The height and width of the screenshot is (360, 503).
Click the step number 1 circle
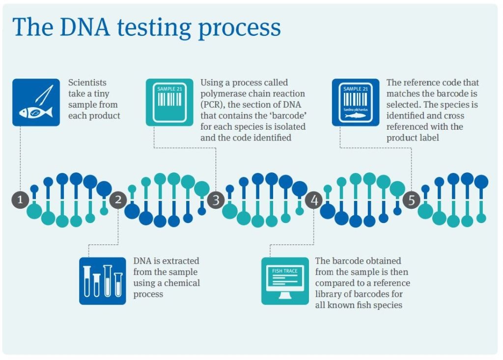pos(20,200)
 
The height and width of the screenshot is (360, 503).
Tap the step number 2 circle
pos(118,200)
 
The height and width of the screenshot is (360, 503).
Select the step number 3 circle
pos(216,200)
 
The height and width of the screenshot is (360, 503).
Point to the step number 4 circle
pos(314,200)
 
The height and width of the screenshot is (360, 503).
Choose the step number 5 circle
pos(412,200)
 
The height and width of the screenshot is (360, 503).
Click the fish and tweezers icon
pos(36,102)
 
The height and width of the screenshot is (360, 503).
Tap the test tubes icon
pos(103,281)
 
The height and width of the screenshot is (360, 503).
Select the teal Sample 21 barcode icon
pos(169,102)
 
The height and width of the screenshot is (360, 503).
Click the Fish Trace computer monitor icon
pos(285,281)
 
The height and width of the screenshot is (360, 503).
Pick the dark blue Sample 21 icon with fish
pos(356,102)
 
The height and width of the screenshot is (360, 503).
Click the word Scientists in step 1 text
pos(87,83)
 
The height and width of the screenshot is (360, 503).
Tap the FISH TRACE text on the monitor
pos(285,271)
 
